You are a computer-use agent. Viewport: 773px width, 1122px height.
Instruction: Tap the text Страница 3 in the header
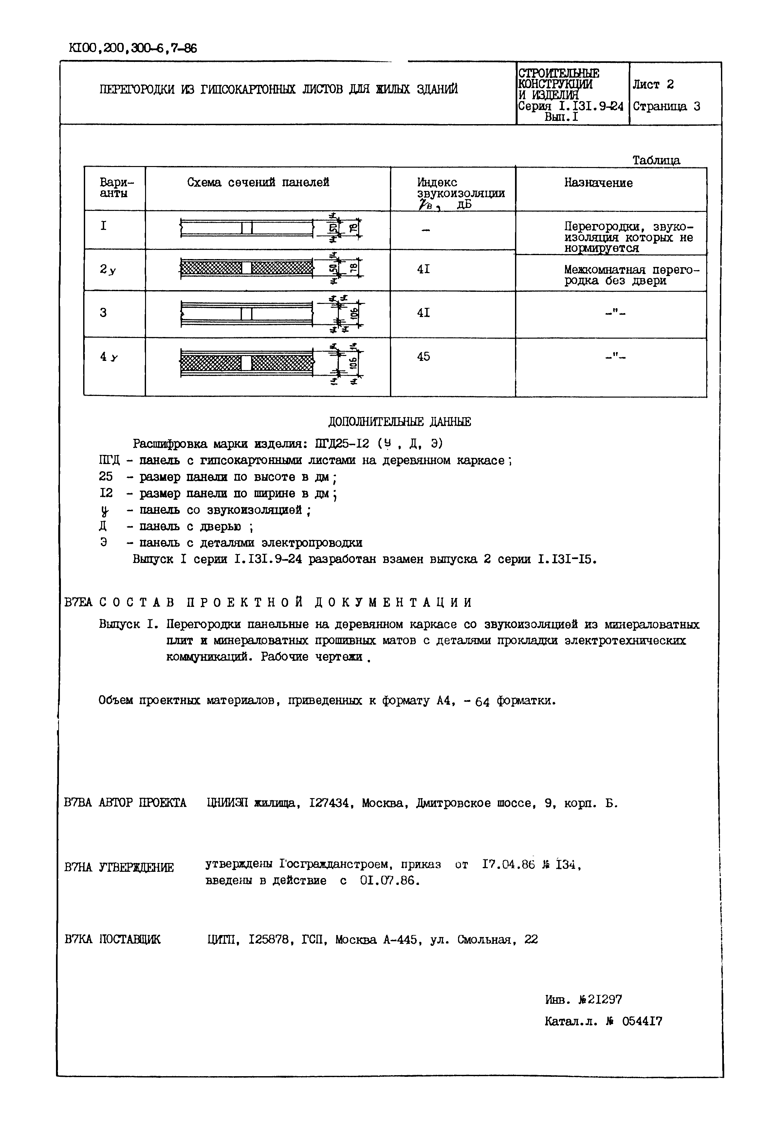(667, 106)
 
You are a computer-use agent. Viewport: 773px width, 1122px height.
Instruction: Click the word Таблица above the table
(656, 160)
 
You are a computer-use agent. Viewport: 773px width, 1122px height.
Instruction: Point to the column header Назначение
(598, 183)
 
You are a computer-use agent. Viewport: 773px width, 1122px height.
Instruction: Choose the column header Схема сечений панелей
(258, 183)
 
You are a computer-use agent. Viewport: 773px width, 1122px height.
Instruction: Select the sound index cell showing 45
(423, 357)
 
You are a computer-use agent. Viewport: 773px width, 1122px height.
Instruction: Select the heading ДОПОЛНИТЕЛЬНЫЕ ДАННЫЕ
(399, 422)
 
